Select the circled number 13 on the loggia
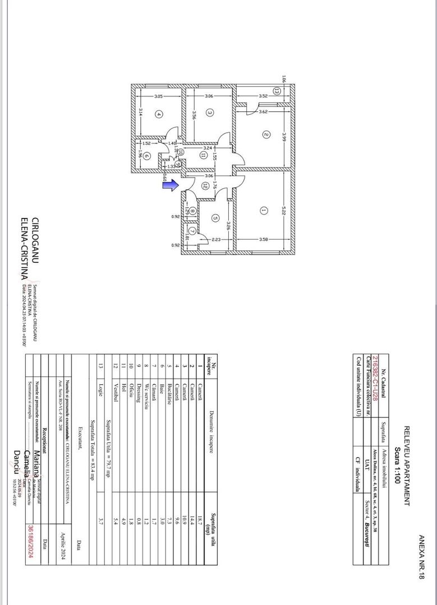[x=276, y=91]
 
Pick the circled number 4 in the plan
[x=159, y=115]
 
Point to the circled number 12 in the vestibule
[x=205, y=185]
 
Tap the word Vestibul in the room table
[x=116, y=395]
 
